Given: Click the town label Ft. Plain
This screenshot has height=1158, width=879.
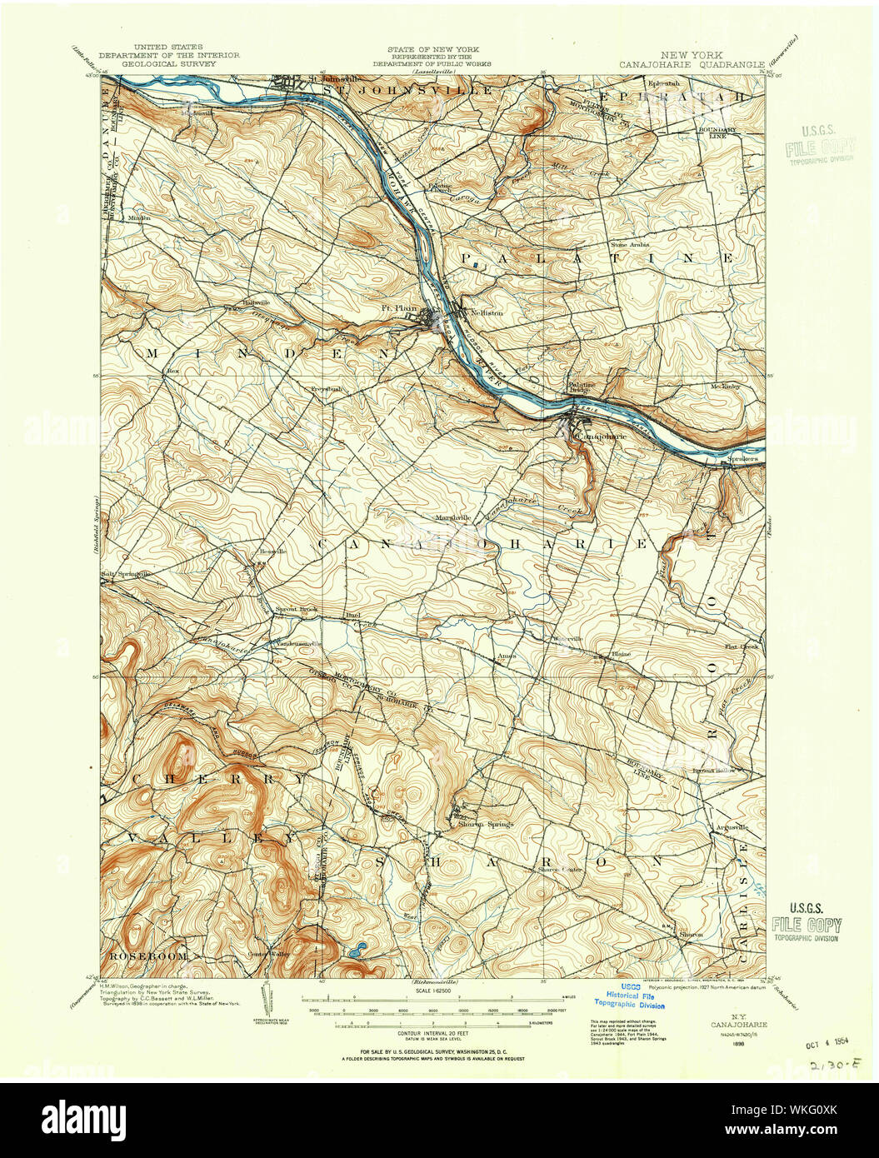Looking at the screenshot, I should coord(398,307).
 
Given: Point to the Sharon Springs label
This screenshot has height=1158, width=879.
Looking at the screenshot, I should coord(486,824).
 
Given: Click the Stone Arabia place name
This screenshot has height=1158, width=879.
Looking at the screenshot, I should coord(630,245).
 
